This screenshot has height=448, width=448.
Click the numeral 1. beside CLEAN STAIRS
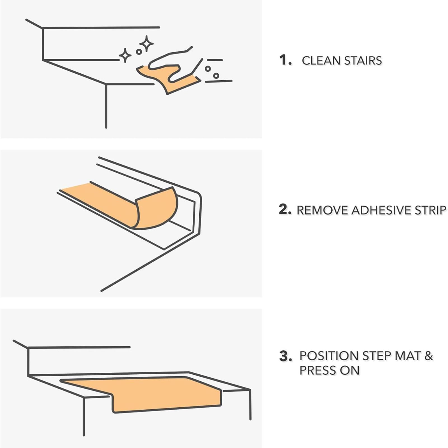(x=285, y=60)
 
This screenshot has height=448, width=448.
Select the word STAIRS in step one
(x=363, y=61)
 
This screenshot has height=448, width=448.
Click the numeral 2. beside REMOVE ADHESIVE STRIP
(x=285, y=210)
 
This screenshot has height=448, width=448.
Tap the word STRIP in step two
(x=430, y=210)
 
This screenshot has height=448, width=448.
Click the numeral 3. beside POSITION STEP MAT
(x=286, y=356)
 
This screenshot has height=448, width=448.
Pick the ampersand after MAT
(x=429, y=356)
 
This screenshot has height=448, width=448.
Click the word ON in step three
(x=350, y=370)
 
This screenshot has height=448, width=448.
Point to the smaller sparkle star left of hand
(x=125, y=55)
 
